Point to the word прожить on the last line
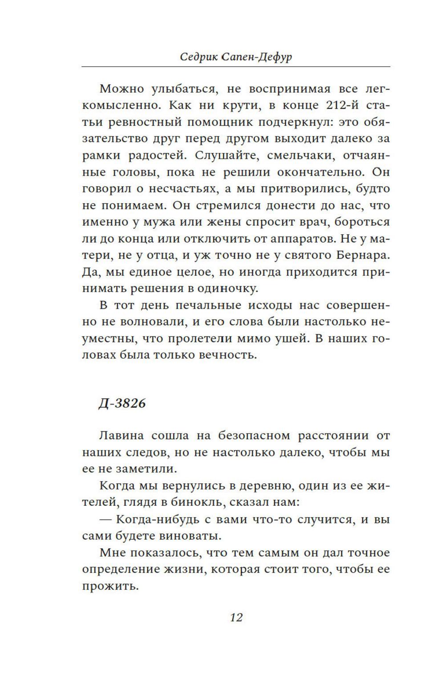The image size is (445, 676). click(109, 586)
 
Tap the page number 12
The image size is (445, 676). click(236, 617)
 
